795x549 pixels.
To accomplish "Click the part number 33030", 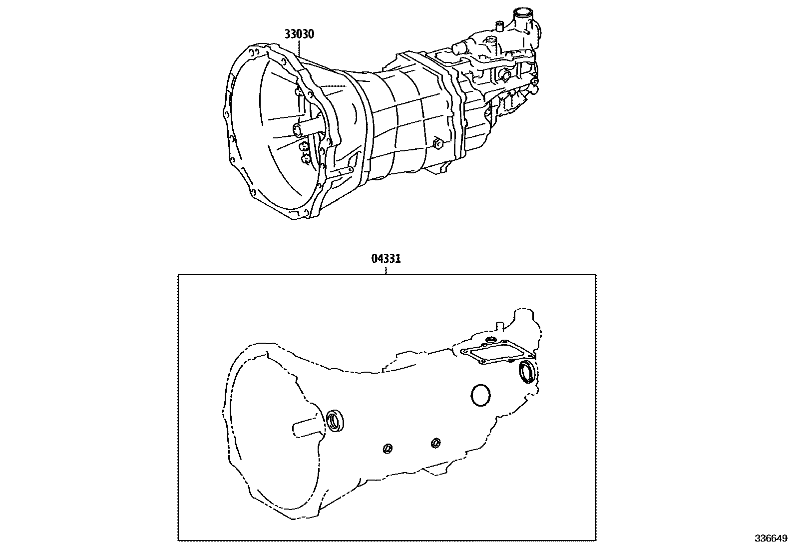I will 300,34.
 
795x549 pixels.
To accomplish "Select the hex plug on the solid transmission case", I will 438,144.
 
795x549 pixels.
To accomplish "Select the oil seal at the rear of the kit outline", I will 527,372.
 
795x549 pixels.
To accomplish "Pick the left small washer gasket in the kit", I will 387,448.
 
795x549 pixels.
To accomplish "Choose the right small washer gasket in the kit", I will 435,443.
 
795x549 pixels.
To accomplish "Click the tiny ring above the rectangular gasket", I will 490,340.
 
